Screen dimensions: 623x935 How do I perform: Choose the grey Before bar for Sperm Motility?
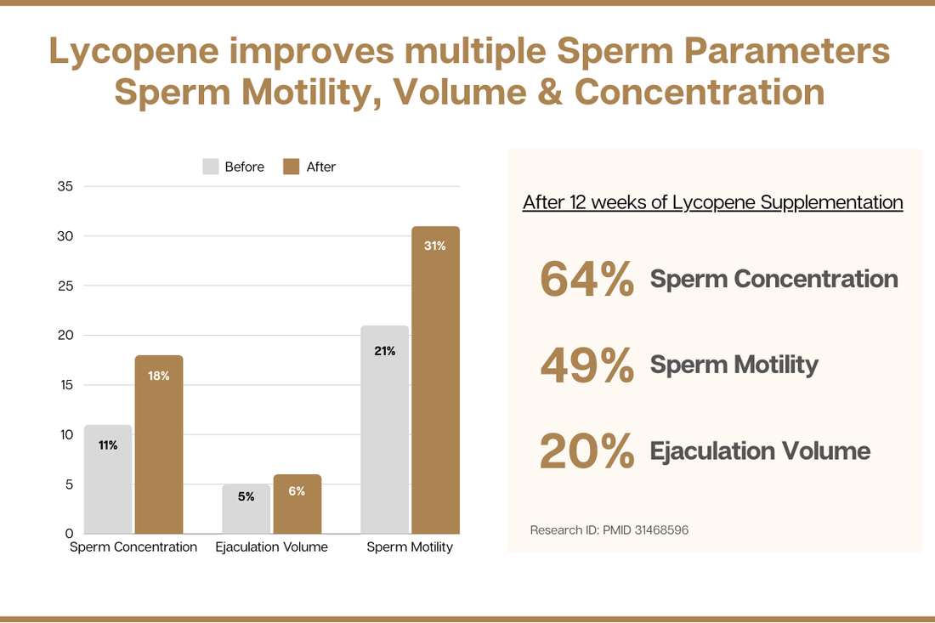(x=384, y=429)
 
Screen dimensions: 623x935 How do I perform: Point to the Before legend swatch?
(x=211, y=167)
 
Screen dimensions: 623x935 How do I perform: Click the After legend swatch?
(x=292, y=167)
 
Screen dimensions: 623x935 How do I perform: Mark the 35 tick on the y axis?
(x=65, y=187)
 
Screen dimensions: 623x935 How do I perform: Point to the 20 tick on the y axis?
(x=65, y=336)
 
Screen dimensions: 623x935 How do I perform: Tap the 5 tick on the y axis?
(x=69, y=485)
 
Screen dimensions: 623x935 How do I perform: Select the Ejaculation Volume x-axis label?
(x=271, y=547)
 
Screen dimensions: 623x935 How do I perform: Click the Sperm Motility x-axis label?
(x=410, y=547)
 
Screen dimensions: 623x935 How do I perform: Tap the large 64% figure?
(x=586, y=279)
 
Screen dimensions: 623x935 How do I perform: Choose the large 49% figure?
(x=586, y=365)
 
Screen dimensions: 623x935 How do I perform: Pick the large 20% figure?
(x=586, y=450)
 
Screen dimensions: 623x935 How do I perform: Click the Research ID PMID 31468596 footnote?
(x=609, y=530)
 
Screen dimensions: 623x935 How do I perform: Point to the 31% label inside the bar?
(x=435, y=246)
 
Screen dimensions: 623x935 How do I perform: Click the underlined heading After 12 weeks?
(x=712, y=202)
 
